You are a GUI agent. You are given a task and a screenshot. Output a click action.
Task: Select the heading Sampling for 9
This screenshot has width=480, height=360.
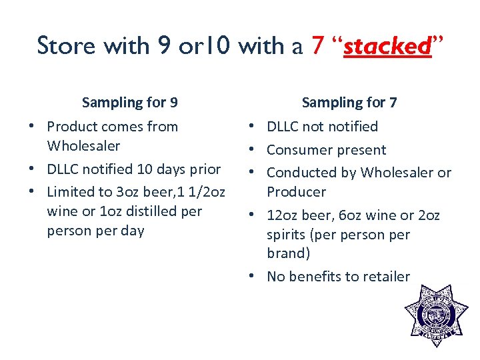tap(129, 103)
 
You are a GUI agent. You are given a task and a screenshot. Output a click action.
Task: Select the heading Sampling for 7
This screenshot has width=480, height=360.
tap(349, 103)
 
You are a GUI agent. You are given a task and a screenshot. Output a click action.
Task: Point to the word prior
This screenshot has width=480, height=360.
tap(205, 169)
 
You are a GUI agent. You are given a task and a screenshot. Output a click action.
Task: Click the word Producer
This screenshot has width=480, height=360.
tap(296, 192)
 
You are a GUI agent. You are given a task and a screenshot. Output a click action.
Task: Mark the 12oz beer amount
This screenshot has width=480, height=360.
tap(295, 215)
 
